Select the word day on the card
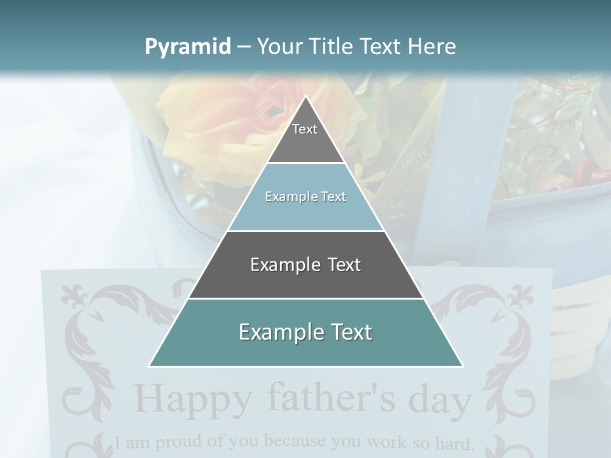coord(440,401)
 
